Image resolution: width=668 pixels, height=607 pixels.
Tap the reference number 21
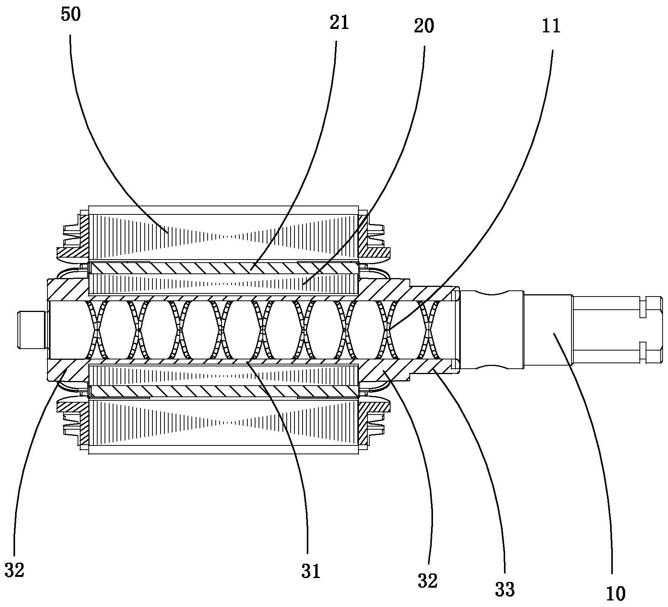(339, 23)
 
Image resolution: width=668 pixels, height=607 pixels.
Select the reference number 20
(424, 26)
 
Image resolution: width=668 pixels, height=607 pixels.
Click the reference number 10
(616, 594)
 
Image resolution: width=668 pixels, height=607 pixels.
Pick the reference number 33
(505, 589)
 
